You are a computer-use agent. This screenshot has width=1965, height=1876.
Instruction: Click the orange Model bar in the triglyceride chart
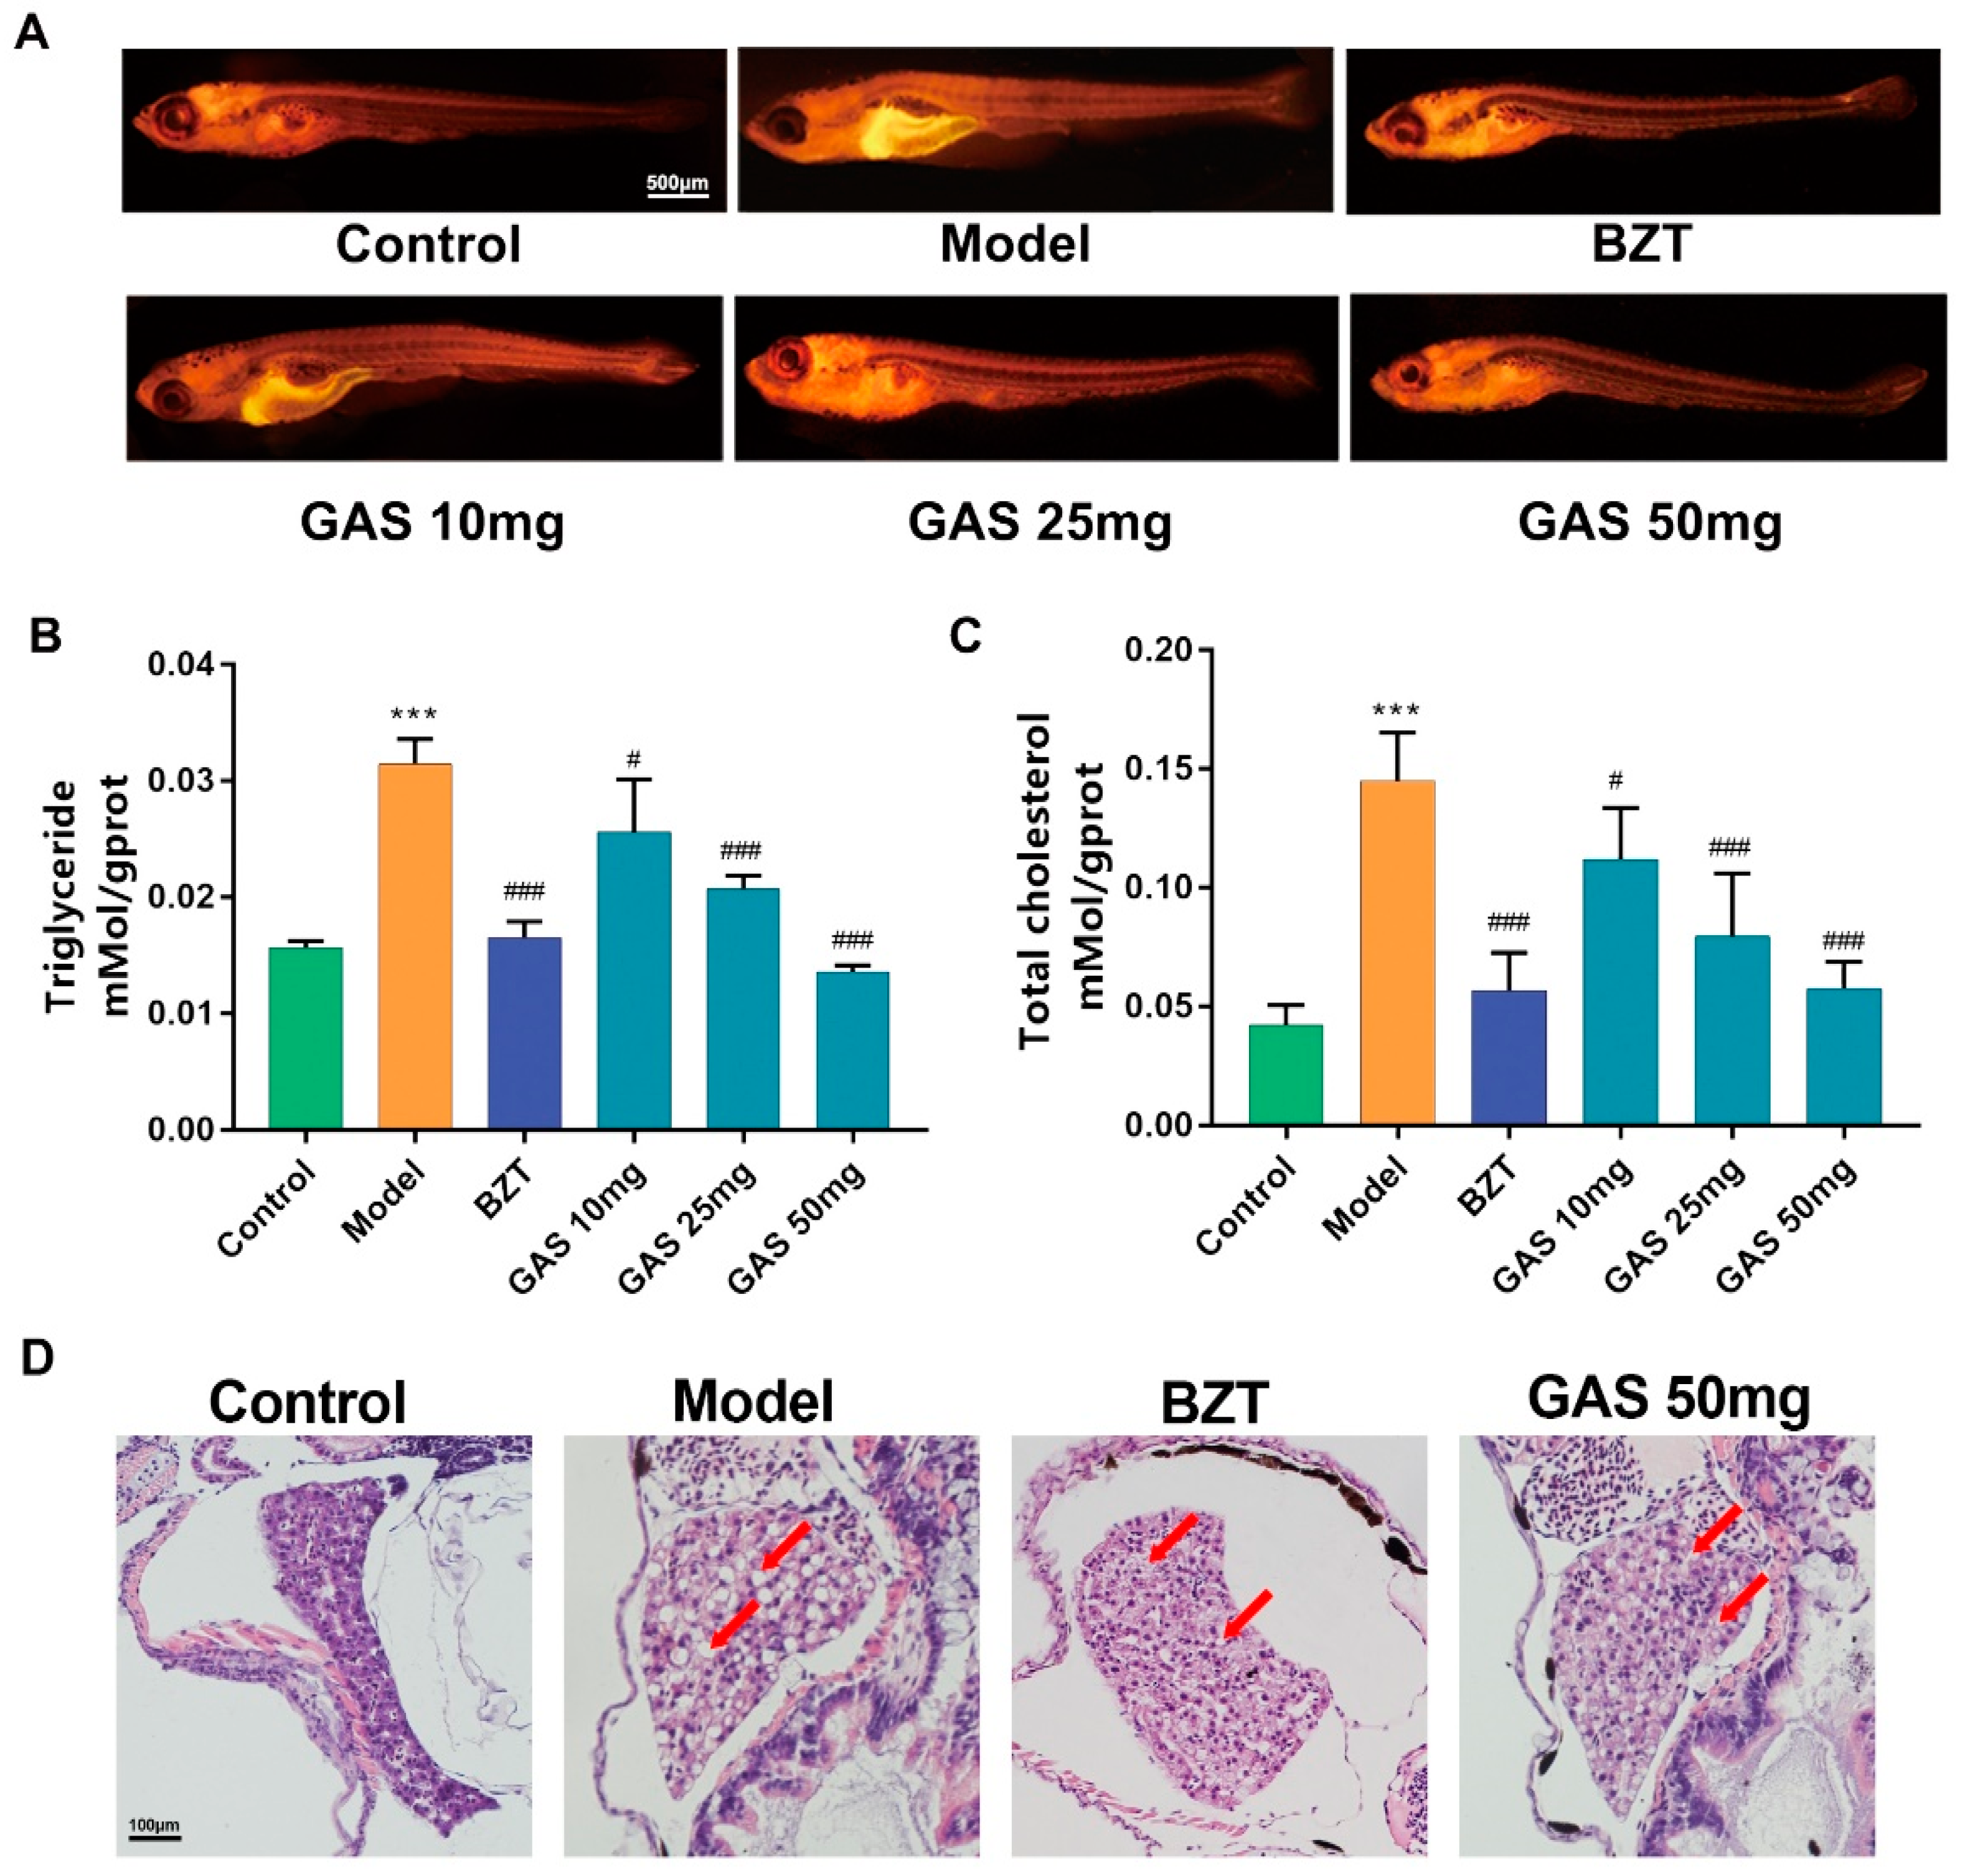point(414,945)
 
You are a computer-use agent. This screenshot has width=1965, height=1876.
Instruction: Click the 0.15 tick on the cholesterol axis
point(1165,769)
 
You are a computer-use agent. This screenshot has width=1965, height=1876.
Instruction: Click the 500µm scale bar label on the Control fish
point(677,183)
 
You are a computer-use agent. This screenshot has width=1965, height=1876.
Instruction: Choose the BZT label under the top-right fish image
point(1641,244)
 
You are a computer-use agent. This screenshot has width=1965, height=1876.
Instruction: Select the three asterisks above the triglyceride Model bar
point(414,714)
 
